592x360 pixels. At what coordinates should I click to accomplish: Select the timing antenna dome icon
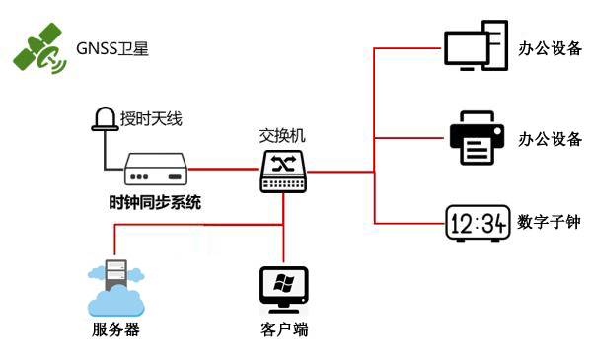click(x=104, y=118)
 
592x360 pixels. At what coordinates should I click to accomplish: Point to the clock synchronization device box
click(x=156, y=169)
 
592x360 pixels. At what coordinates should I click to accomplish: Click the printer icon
click(x=477, y=138)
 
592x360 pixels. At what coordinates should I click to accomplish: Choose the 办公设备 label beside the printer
click(x=550, y=138)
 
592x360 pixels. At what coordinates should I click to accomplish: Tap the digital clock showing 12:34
click(x=477, y=223)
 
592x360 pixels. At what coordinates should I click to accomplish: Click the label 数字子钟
click(x=549, y=223)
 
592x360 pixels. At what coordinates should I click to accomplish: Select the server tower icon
click(x=114, y=273)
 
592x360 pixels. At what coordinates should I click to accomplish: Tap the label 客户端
click(x=285, y=329)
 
